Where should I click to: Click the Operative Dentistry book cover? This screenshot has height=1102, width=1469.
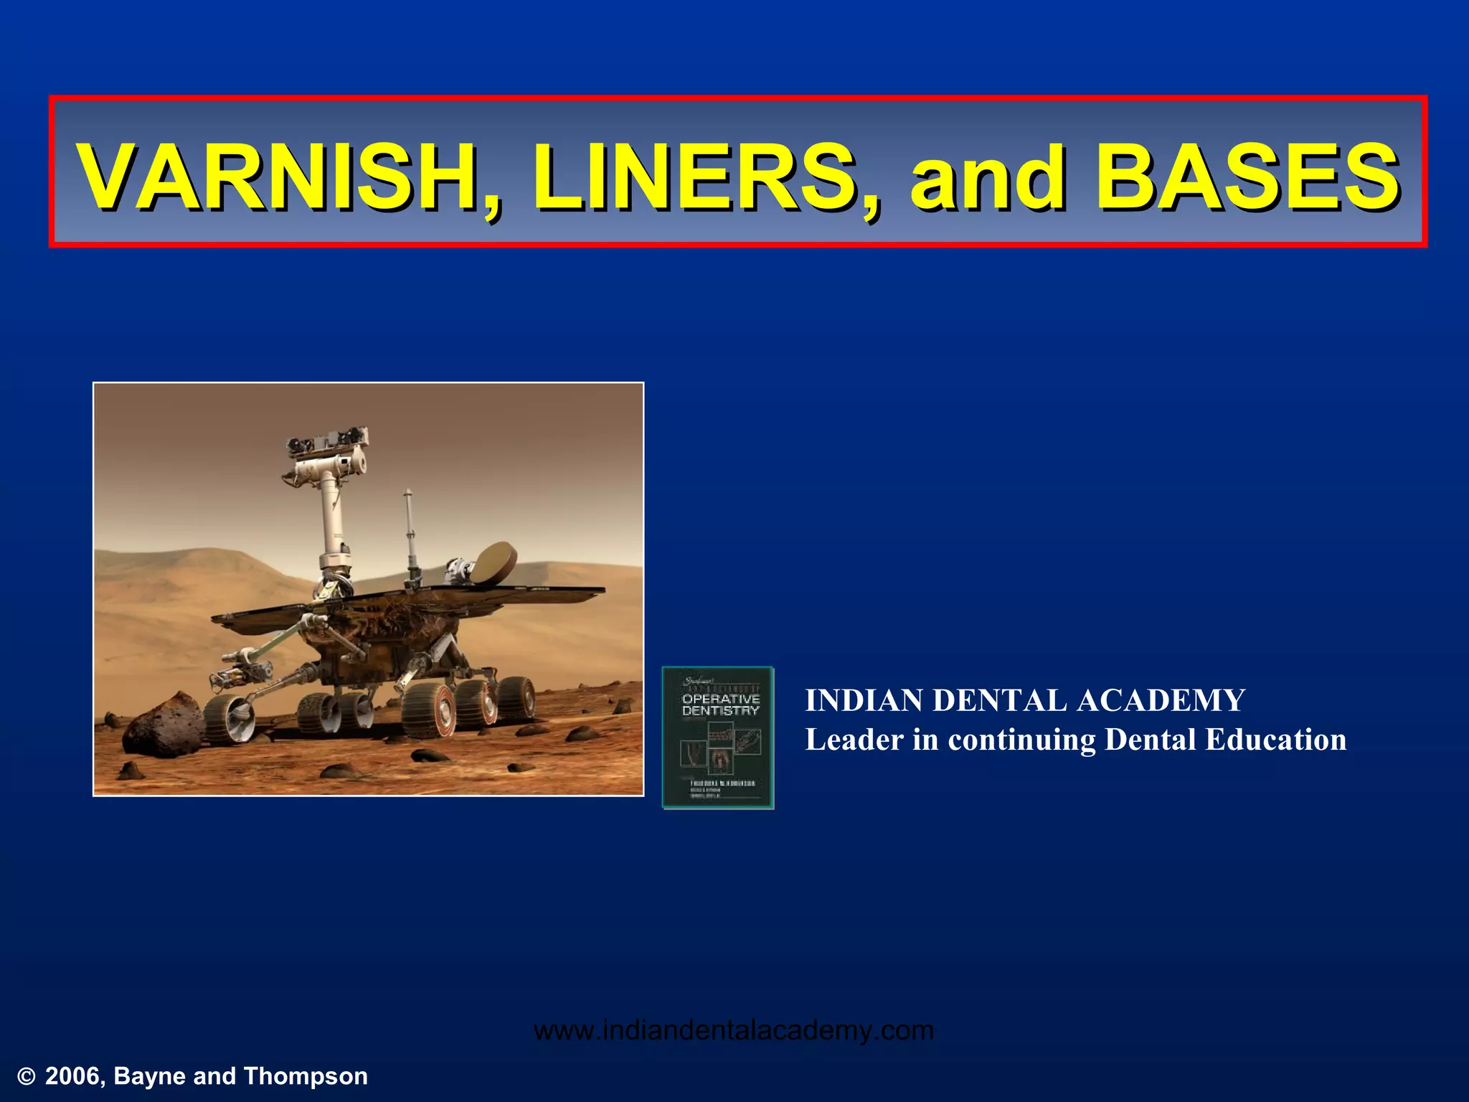point(718,738)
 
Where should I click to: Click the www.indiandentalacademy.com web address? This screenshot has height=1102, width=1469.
point(734,1031)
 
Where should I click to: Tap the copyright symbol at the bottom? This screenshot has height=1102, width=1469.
point(27,1077)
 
